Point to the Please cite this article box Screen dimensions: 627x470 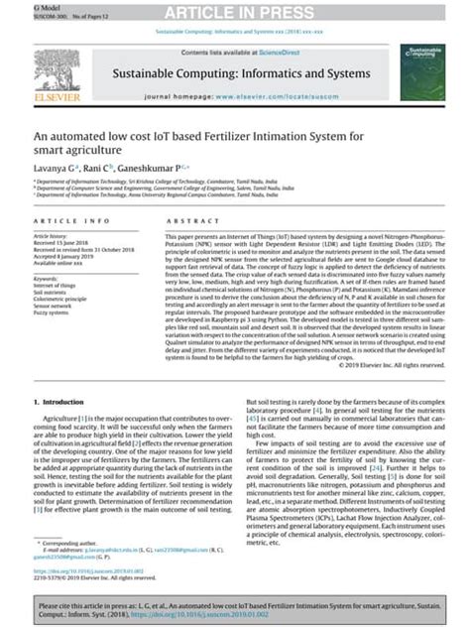tap(235, 607)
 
